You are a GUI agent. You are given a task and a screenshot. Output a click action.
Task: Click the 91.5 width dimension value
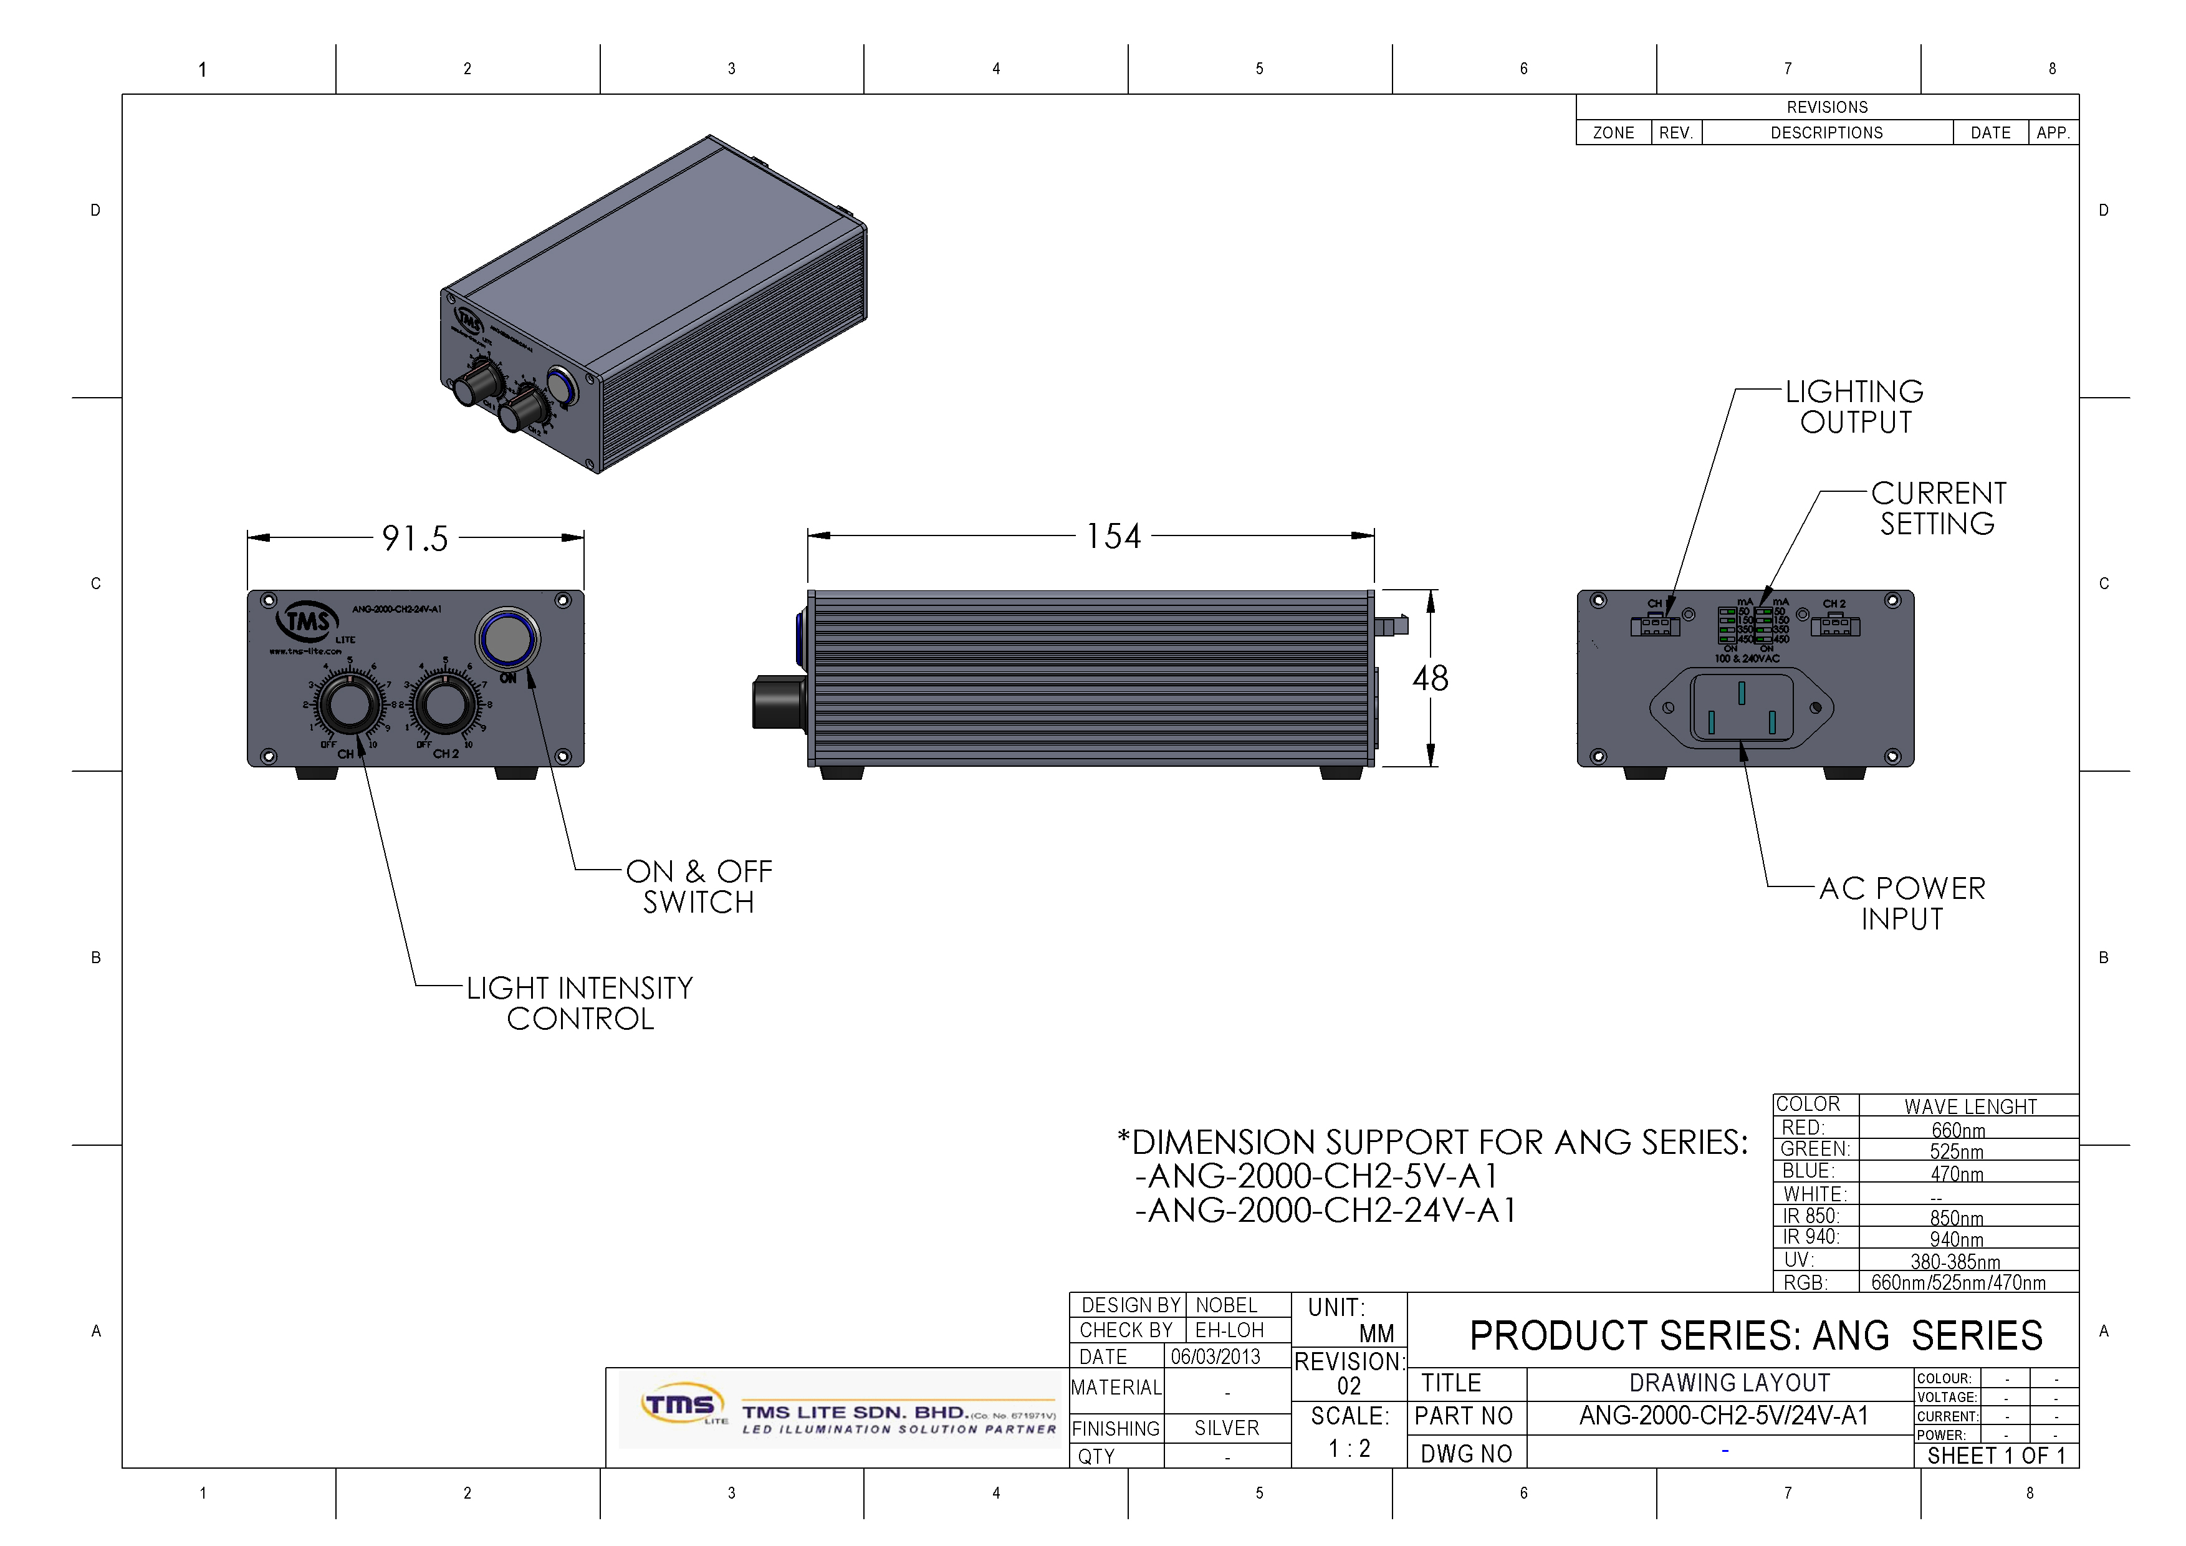[x=415, y=539]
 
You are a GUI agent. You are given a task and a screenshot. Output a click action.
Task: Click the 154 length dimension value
[x=1113, y=537]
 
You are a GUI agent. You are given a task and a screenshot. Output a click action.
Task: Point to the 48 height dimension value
[x=1430, y=679]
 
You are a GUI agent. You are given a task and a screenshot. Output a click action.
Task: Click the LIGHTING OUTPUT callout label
[x=1854, y=406]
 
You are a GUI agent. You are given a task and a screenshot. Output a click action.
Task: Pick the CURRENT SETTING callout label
[x=1939, y=508]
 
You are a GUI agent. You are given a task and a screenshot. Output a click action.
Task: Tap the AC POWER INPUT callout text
[x=1902, y=903]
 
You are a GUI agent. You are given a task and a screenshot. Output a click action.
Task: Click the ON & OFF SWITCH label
[x=699, y=886]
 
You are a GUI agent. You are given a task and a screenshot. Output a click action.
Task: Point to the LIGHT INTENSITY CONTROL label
[x=580, y=1004]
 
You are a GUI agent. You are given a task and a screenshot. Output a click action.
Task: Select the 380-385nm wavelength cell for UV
[x=1955, y=1261]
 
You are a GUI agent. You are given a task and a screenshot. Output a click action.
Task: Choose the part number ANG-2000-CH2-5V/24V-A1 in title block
[x=1723, y=1416]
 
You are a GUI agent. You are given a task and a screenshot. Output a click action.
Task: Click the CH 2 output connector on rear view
[x=1834, y=625]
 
